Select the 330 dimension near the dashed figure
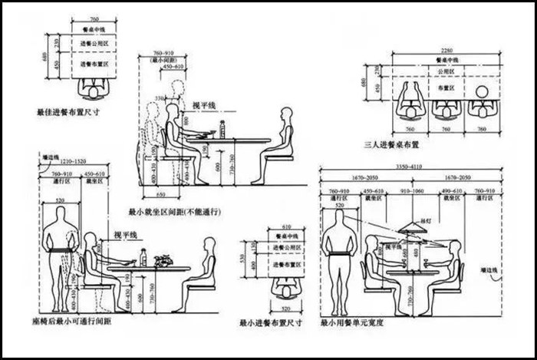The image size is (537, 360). [160, 98]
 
